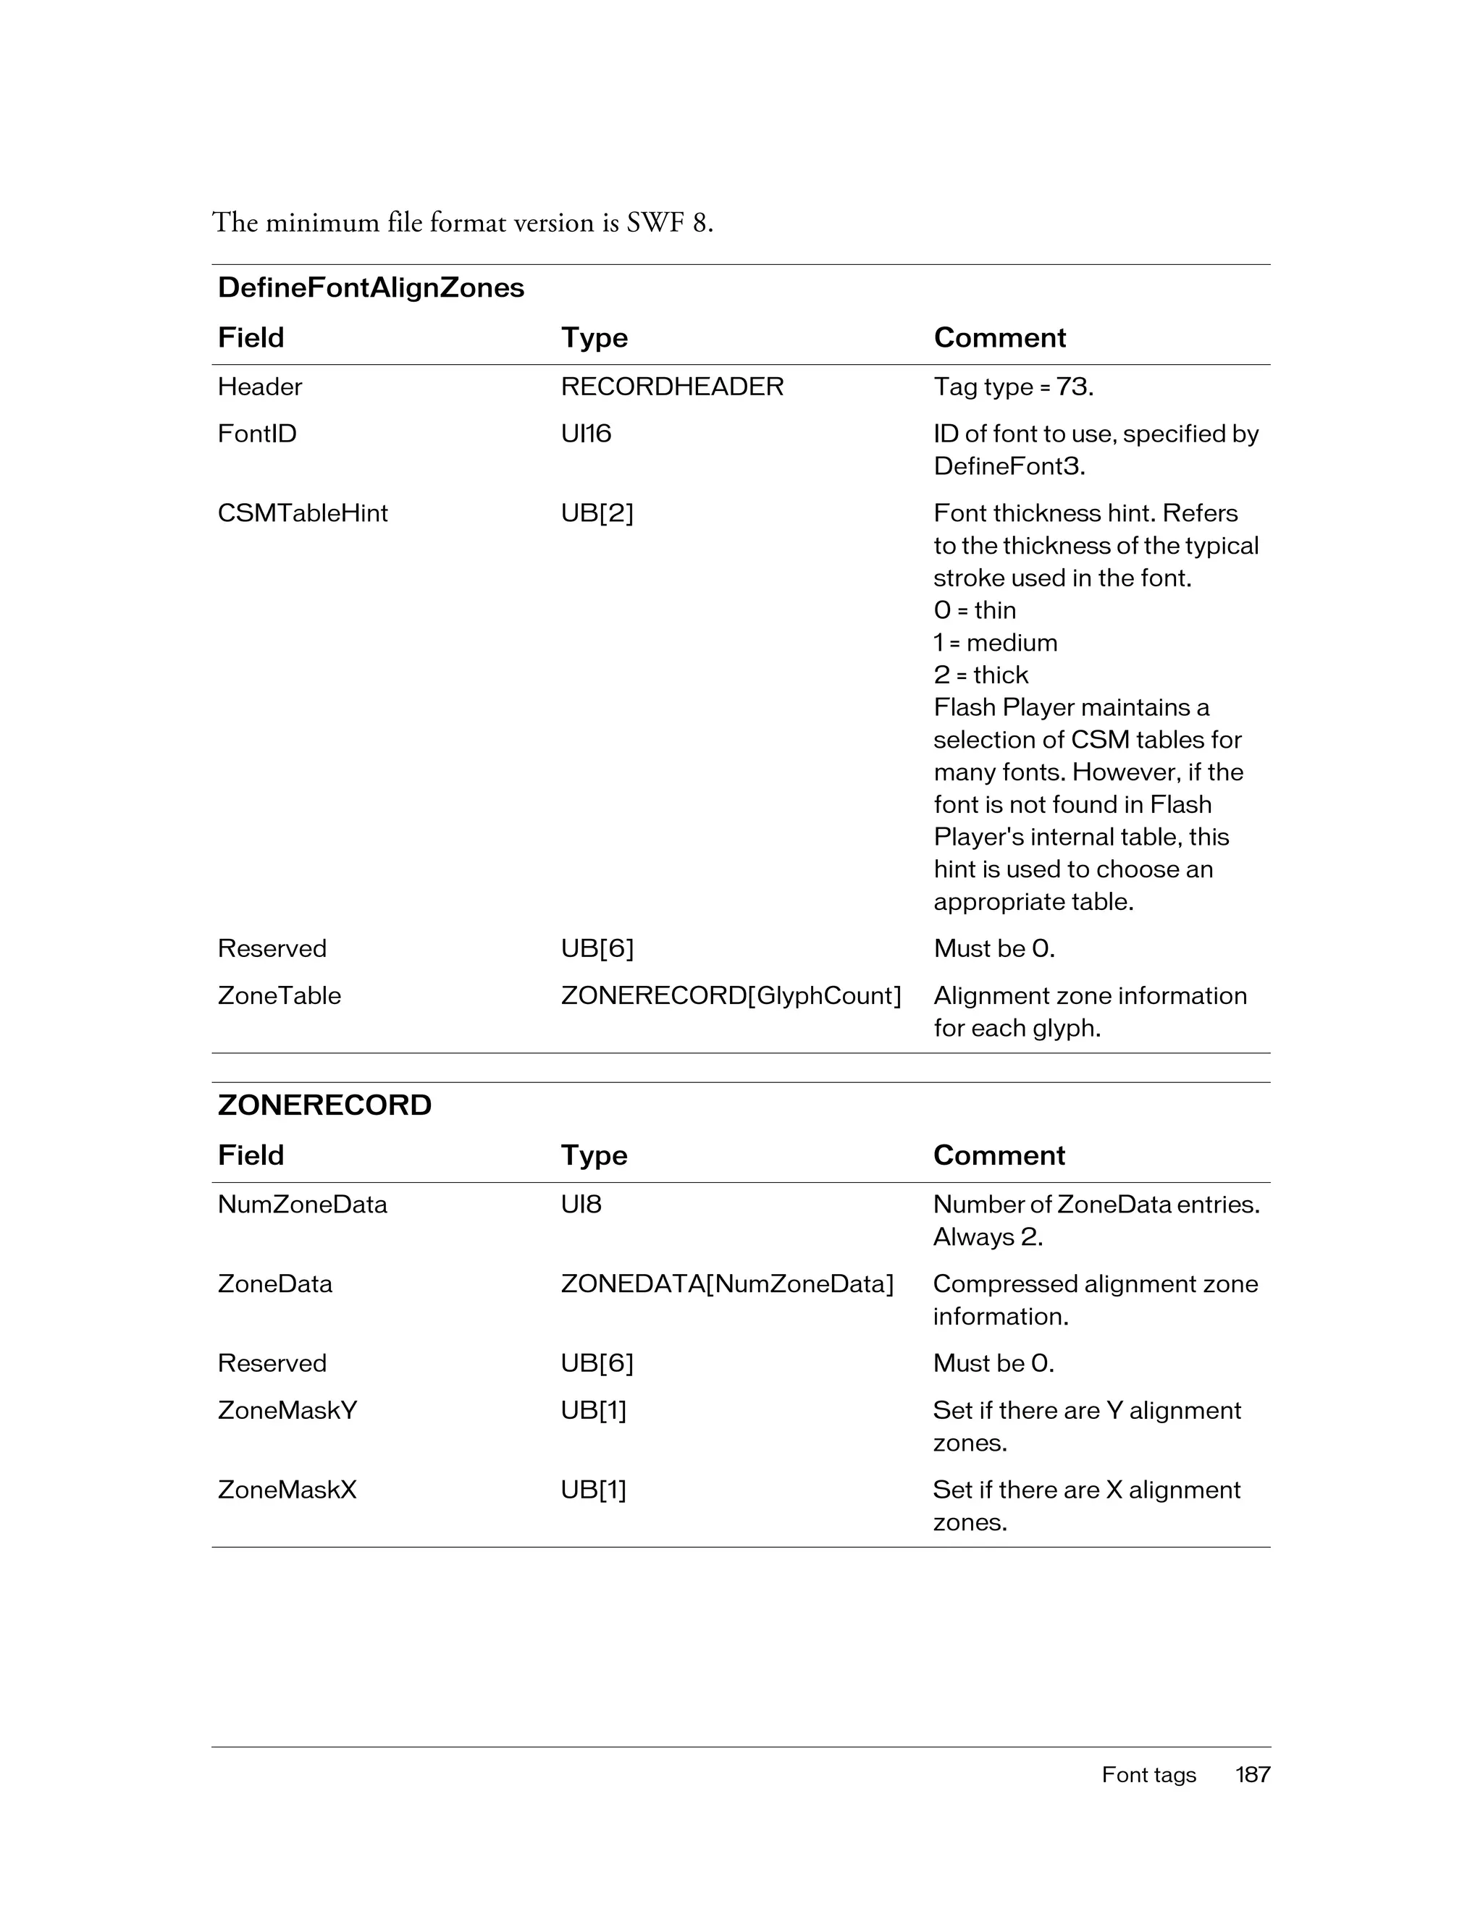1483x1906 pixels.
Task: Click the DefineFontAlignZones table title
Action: coord(371,287)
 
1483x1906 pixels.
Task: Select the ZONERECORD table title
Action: coord(324,1105)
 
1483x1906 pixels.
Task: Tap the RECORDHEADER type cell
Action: coord(672,387)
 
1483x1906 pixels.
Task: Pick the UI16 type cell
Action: coord(586,434)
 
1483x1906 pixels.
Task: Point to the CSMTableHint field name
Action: coord(302,513)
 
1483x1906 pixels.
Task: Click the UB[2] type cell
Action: coord(597,513)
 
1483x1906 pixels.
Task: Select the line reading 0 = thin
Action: coord(974,610)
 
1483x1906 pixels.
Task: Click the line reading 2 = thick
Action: coord(980,675)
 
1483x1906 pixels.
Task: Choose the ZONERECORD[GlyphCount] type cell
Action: coord(731,996)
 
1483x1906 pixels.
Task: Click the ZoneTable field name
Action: coord(280,996)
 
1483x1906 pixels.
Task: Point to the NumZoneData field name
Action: coord(302,1205)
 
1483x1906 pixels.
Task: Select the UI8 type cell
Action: coord(581,1205)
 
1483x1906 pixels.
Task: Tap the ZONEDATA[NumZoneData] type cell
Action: coord(727,1283)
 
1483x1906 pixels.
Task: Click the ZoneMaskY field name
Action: coord(287,1410)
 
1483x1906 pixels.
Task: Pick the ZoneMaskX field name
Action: coord(287,1490)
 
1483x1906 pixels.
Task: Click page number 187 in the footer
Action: coord(1253,1774)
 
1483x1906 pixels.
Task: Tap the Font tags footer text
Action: coord(1148,1774)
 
